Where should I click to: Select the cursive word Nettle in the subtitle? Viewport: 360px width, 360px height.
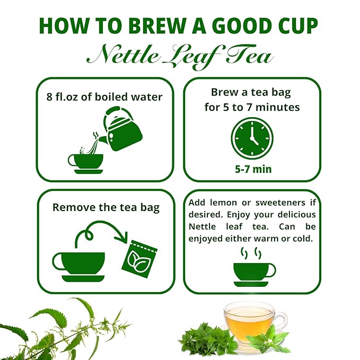[123, 55]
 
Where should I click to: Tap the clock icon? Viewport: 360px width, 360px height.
[252, 138]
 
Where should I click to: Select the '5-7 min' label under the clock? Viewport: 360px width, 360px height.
[253, 169]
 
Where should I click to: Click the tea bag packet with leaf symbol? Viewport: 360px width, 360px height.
[139, 259]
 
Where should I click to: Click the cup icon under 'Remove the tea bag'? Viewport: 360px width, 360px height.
[79, 267]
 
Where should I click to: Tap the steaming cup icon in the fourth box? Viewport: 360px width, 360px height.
[254, 267]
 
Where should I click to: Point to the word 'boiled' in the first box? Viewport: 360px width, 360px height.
[111, 96]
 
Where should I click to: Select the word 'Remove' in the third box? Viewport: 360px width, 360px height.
[74, 207]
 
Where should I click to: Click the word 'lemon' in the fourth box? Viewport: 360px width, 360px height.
[221, 203]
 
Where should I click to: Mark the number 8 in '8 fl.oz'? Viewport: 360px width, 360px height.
[49, 97]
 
